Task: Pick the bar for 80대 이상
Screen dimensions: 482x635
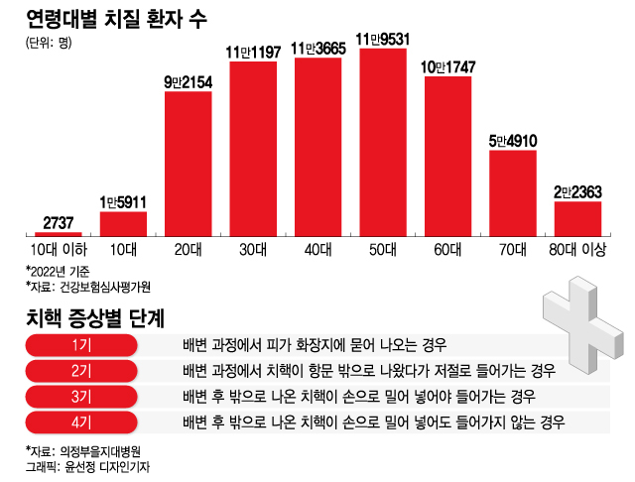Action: coord(577,217)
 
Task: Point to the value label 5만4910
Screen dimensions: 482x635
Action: coord(513,141)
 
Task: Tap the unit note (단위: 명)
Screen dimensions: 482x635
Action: coord(49,42)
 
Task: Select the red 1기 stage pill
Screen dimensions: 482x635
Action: coord(81,345)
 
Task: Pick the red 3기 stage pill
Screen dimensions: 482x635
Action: coord(81,397)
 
